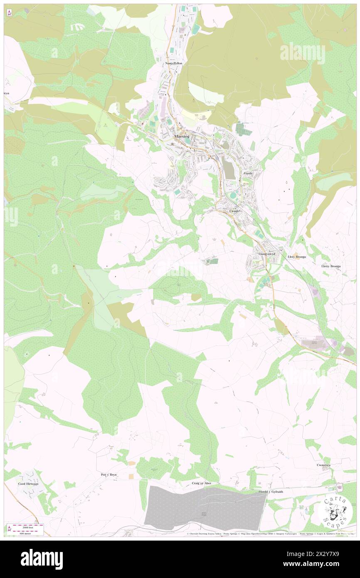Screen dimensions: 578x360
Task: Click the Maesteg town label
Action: tap(181, 136)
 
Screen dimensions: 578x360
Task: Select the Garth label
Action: tap(248, 173)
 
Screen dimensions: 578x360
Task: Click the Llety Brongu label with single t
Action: tap(297, 257)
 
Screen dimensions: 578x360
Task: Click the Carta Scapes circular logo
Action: tap(335, 511)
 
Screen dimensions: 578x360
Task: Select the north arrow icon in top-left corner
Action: tap(9, 13)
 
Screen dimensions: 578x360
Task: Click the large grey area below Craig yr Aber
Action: tap(204, 507)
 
